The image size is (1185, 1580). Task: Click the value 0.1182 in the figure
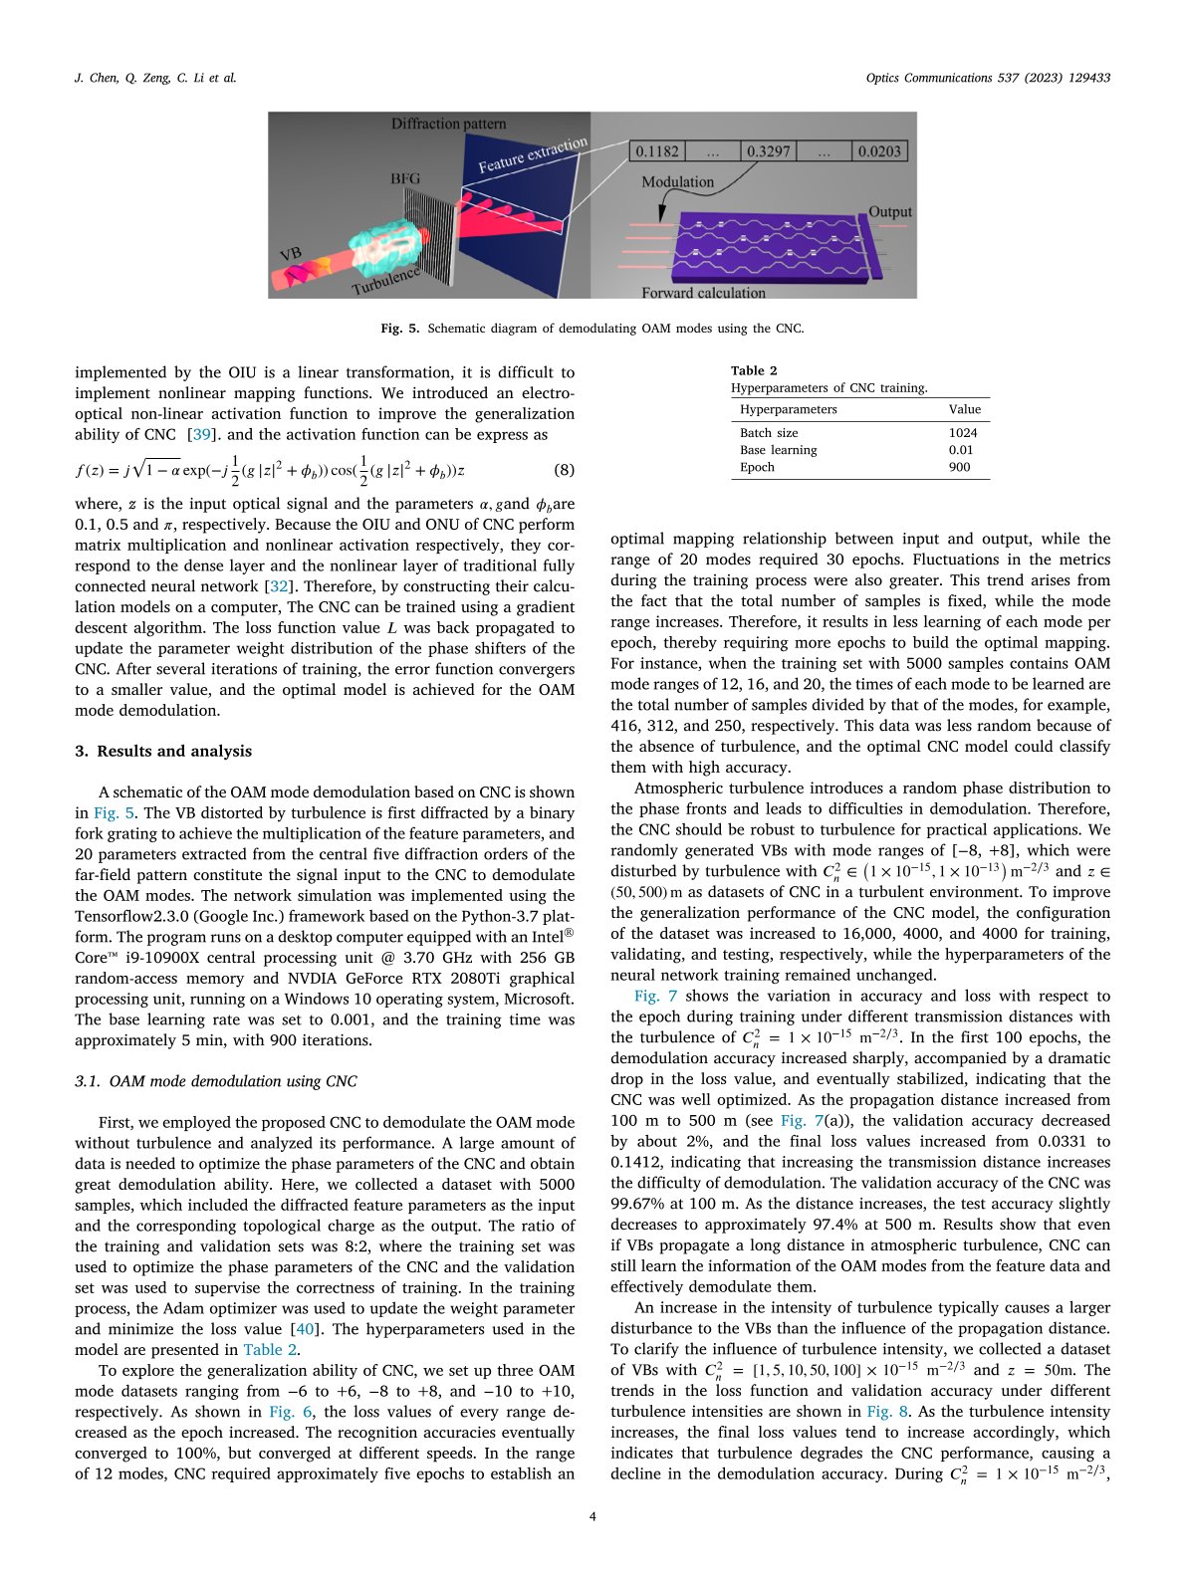click(x=657, y=151)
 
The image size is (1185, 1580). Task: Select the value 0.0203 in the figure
click(x=879, y=151)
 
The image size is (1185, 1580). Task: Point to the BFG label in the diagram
click(x=405, y=179)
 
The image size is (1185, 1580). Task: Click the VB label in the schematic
click(x=291, y=255)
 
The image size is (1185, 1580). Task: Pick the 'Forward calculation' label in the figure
click(x=703, y=293)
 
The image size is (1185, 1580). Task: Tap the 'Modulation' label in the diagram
click(x=677, y=182)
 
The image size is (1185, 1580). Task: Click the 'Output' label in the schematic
click(x=890, y=212)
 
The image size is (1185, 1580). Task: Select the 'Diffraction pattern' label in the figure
click(x=448, y=124)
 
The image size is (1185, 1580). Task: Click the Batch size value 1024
click(x=963, y=433)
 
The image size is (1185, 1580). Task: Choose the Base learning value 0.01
click(x=961, y=450)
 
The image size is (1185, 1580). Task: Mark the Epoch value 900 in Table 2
click(x=960, y=467)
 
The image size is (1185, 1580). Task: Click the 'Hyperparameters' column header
click(x=789, y=409)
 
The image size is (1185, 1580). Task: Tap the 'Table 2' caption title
click(x=754, y=371)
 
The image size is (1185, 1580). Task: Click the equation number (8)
click(x=564, y=470)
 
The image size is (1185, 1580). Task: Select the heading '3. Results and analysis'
click(x=163, y=752)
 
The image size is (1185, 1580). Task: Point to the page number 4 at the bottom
click(x=592, y=1516)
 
